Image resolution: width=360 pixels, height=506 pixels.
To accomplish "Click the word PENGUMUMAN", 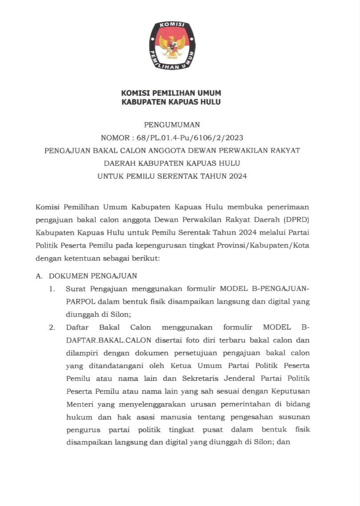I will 171,125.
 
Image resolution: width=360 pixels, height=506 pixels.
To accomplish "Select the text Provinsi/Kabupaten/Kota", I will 271,245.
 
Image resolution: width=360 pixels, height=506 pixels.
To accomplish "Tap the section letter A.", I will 38,276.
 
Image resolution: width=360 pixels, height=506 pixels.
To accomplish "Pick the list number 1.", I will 52,289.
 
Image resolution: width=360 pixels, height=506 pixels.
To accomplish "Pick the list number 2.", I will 52,327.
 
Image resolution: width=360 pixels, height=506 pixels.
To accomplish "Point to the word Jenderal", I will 241,379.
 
